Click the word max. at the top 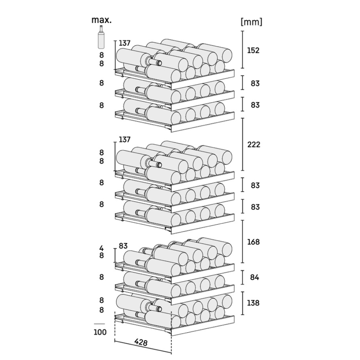click(x=102, y=20)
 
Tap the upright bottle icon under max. click(x=101, y=37)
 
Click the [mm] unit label click(x=251, y=22)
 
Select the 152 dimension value click(x=253, y=50)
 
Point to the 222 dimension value click(x=254, y=144)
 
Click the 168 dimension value click(x=253, y=242)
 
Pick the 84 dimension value click(x=255, y=277)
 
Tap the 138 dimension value click(x=253, y=303)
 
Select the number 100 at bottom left click(x=100, y=332)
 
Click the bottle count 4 click(x=102, y=248)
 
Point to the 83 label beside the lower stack click(x=123, y=246)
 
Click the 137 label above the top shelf click(x=125, y=43)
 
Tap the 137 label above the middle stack click(x=125, y=139)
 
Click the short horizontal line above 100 click(x=99, y=324)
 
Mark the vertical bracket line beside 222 click(x=243, y=144)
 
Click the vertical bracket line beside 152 click(x=243, y=50)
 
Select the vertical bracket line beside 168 click(x=243, y=242)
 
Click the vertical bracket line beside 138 click(x=243, y=303)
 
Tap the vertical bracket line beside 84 click(x=243, y=277)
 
